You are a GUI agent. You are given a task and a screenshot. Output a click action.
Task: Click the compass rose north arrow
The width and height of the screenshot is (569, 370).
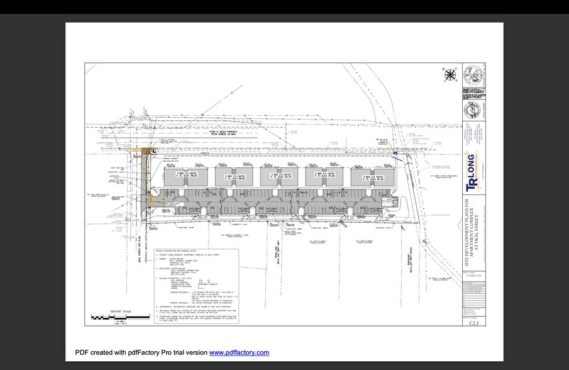pyautogui.click(x=450, y=76)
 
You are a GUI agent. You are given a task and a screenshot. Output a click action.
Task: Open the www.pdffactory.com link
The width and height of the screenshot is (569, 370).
pyautogui.click(x=239, y=352)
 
